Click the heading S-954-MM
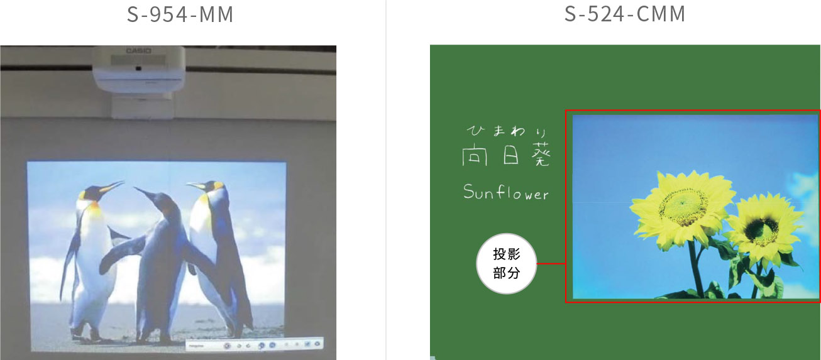point(180,14)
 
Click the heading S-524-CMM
point(625,14)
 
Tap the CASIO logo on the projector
point(135,50)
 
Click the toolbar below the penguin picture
point(254,344)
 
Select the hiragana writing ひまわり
point(504,131)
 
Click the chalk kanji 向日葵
point(505,156)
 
